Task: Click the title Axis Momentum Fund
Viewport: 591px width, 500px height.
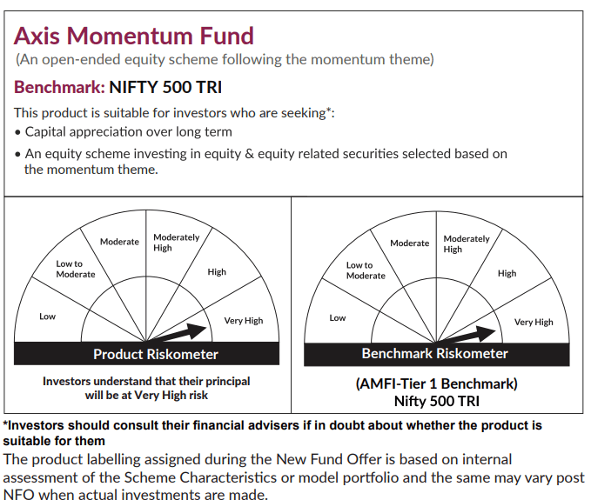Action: [x=134, y=37]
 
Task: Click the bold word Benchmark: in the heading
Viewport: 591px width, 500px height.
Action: [x=59, y=87]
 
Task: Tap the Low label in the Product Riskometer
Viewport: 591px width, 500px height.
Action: [x=48, y=317]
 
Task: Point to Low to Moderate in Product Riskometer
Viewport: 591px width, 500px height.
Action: [x=76, y=270]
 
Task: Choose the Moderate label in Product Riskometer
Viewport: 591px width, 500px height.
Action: [x=119, y=242]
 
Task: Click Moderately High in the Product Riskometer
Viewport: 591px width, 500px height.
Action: [x=177, y=243]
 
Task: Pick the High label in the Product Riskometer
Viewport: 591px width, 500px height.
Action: [x=217, y=272]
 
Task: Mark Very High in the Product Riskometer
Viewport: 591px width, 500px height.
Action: [x=244, y=321]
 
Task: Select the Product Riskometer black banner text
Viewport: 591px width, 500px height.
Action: [x=156, y=354]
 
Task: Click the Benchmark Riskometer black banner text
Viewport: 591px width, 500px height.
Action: [x=435, y=354]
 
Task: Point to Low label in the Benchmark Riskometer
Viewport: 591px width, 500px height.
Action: [x=338, y=317]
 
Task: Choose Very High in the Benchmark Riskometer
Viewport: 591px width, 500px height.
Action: [x=534, y=322]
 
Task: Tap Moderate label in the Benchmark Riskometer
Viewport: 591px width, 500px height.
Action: [x=409, y=243]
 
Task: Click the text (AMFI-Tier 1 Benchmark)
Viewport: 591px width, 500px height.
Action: [x=436, y=383]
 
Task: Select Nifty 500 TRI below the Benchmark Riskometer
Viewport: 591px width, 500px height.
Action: [x=436, y=401]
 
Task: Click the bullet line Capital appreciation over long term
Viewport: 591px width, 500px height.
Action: [x=128, y=132]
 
